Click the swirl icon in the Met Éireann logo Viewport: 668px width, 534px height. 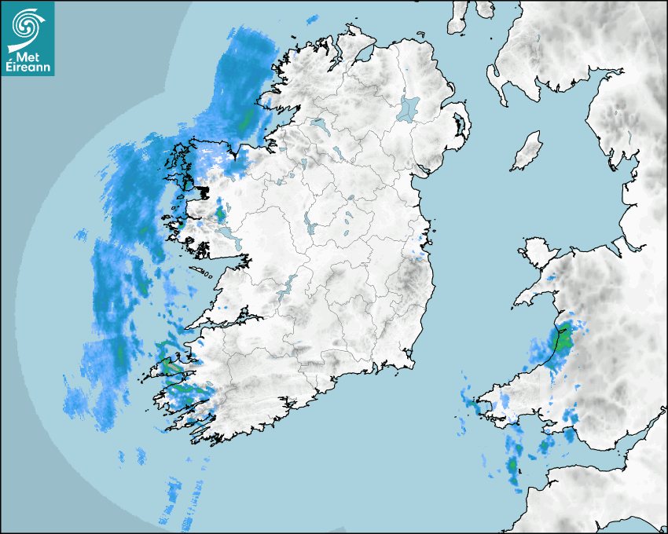tap(27, 25)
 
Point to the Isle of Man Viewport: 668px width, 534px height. tap(527, 152)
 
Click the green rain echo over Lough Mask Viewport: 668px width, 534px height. tap(220, 212)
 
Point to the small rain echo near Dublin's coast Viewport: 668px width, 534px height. tap(420, 251)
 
